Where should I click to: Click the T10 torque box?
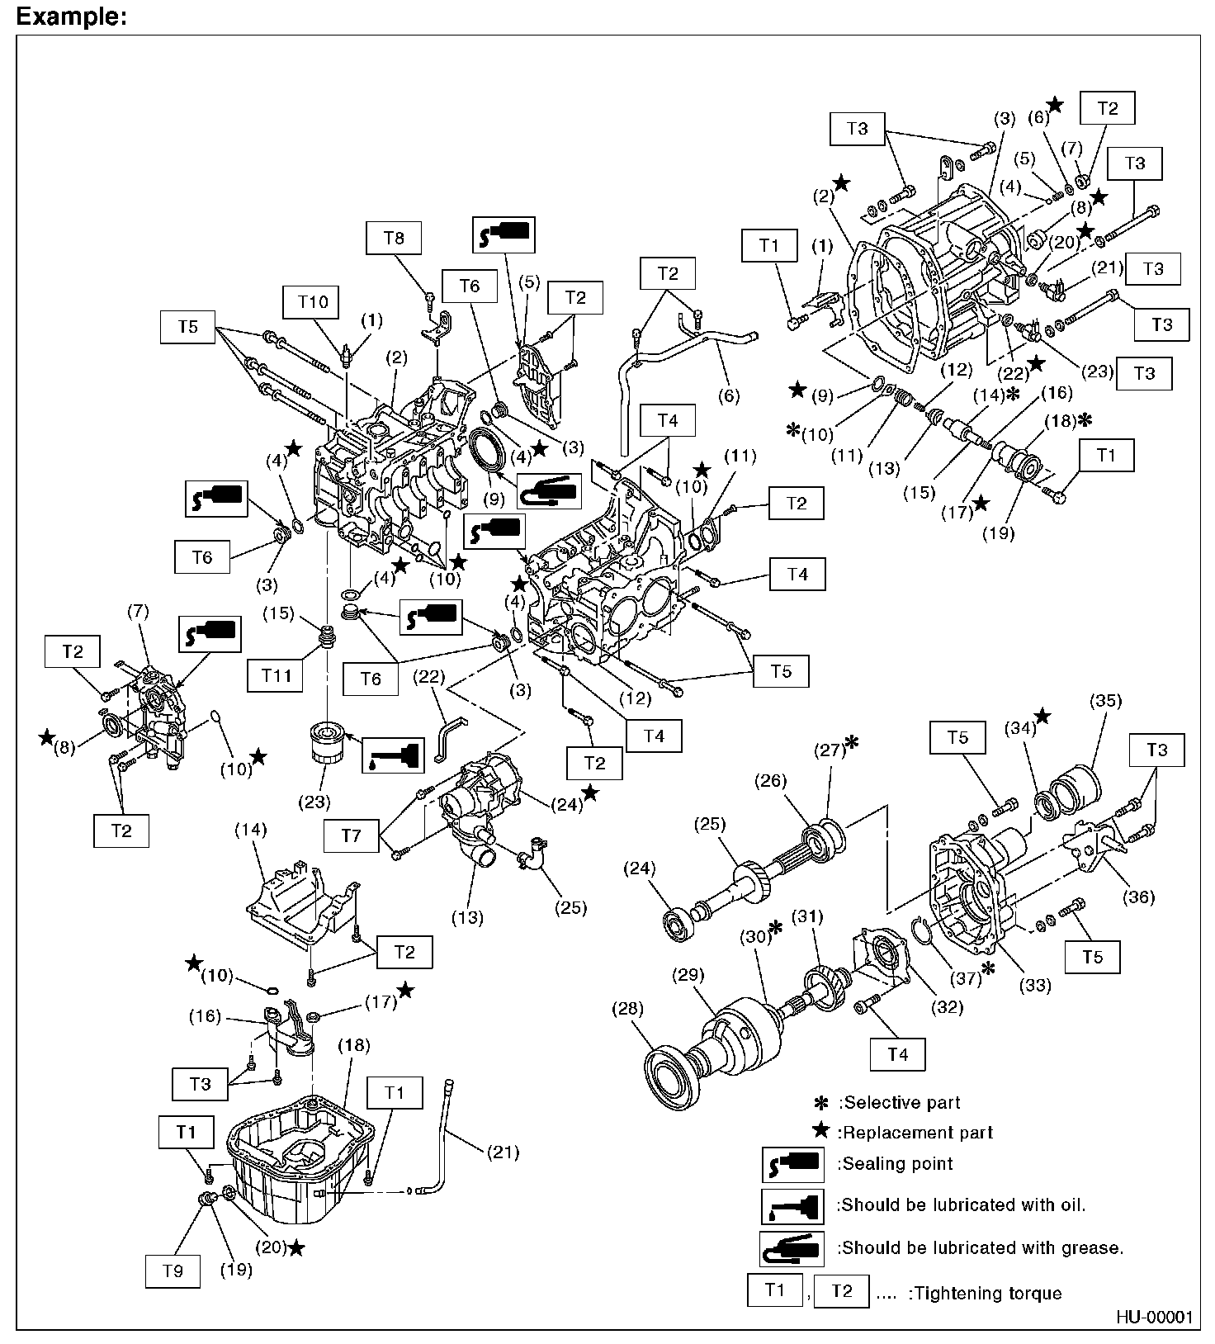313,302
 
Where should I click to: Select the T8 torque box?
394,238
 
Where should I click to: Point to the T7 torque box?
351,835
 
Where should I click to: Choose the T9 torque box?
173,1271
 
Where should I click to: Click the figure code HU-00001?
1155,1317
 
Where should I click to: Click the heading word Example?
71,16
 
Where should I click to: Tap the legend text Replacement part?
915,1133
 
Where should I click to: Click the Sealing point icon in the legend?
792,1165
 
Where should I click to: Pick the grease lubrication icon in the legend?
792,1248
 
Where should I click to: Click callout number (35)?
1105,701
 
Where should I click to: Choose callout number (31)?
807,916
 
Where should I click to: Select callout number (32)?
946,1006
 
